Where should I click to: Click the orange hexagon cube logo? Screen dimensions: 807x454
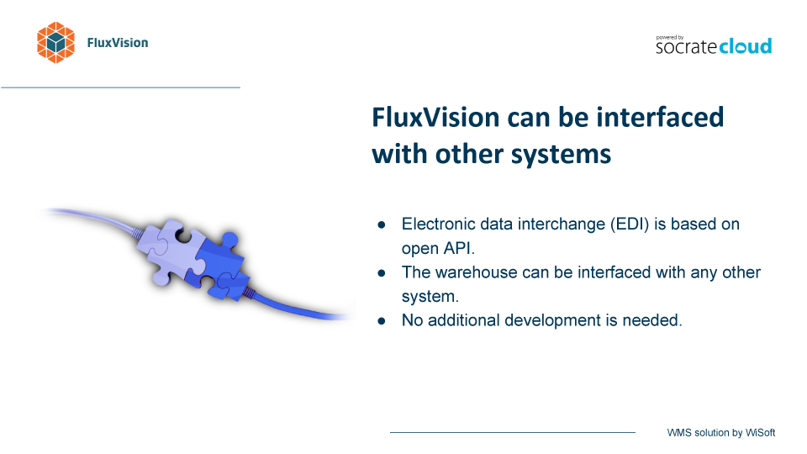55,43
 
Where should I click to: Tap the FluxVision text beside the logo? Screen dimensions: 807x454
118,43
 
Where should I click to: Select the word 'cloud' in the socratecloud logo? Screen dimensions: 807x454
746,45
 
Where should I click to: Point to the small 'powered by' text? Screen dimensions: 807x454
670,38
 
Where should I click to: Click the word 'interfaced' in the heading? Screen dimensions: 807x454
660,117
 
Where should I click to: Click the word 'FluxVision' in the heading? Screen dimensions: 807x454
435,117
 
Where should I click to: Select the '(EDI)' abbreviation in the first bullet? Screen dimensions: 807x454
630,224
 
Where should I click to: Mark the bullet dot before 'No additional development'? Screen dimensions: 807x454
382,321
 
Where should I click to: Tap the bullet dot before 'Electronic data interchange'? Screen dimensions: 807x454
382,225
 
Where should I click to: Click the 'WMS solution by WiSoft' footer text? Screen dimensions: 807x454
721,433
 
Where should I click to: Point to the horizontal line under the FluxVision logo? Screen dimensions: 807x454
120,87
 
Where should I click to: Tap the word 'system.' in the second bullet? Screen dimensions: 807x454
430,297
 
